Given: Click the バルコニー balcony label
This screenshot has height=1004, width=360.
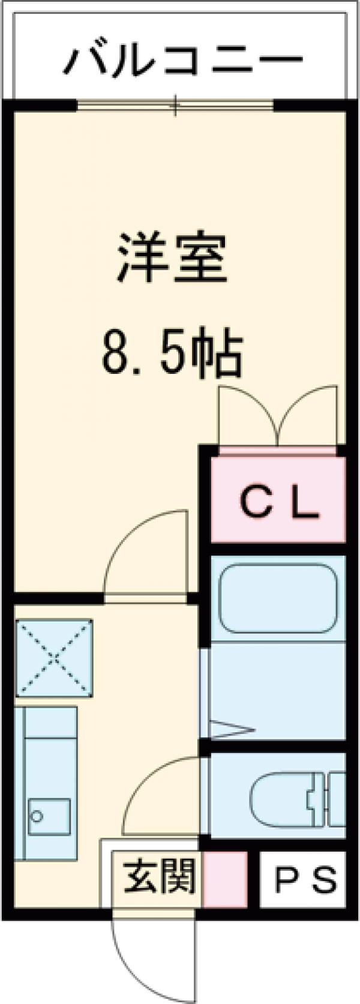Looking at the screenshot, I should click(x=184, y=60).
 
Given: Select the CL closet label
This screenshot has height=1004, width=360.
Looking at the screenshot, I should click(x=278, y=505).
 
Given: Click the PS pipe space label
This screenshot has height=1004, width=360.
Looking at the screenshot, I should click(x=305, y=880).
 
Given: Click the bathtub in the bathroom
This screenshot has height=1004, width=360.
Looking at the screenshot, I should click(x=277, y=597).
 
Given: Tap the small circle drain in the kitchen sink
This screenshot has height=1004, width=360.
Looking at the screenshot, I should click(x=37, y=816).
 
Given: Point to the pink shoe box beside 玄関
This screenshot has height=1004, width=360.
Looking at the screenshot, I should click(x=225, y=879).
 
